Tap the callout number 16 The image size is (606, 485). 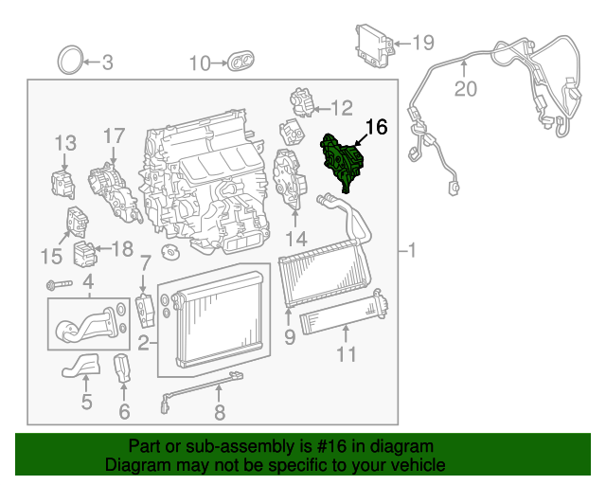click(376, 127)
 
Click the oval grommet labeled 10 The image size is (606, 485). click(239, 63)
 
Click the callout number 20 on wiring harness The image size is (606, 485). click(465, 89)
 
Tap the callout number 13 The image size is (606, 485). click(64, 143)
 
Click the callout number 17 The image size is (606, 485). click(114, 136)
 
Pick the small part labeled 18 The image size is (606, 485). click(85, 253)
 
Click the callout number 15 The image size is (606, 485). click(51, 255)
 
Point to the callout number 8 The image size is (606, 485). click(219, 412)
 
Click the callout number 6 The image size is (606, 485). click(124, 411)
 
